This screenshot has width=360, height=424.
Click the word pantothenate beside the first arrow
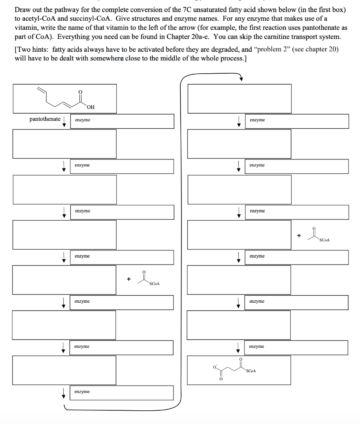[x=45, y=119]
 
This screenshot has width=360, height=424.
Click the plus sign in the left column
[x=128, y=279]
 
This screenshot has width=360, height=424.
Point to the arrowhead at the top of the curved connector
[x=241, y=79]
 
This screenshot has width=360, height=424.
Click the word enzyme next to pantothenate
[x=82, y=120]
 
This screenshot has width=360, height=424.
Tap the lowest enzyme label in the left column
[x=82, y=391]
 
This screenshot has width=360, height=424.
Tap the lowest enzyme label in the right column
[x=257, y=346]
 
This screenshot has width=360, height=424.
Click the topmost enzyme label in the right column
[x=257, y=120]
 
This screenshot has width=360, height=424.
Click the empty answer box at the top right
[x=239, y=98]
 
